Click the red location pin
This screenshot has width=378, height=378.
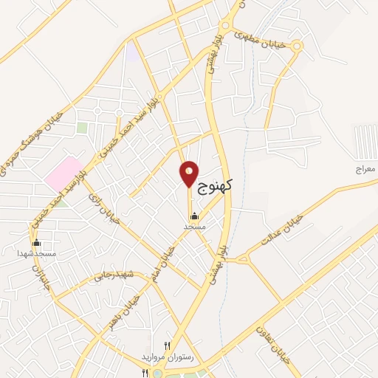189,174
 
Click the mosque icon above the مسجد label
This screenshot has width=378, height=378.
193,216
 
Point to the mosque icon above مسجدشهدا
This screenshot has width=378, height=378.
35,243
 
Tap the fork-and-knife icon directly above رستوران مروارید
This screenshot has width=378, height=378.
168,346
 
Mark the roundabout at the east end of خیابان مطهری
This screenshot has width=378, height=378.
296,47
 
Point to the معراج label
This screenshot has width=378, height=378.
365,170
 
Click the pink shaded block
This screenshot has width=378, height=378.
63,171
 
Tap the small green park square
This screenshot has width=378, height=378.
82,128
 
